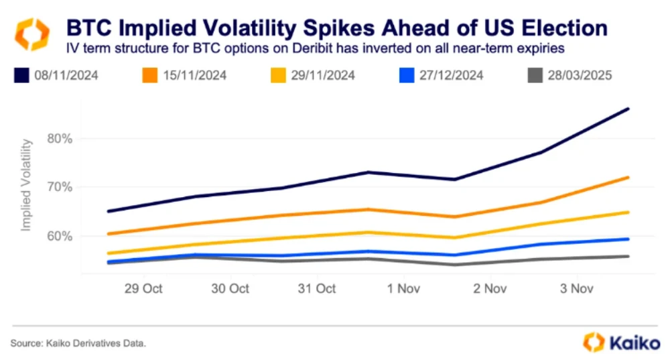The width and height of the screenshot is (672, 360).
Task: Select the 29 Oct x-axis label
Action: pyautogui.click(x=143, y=288)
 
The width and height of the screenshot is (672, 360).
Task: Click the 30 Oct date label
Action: pyautogui.click(x=230, y=288)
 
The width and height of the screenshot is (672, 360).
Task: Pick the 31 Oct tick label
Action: pyautogui.click(x=316, y=288)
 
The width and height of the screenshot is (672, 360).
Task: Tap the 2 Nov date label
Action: pyautogui.click(x=489, y=288)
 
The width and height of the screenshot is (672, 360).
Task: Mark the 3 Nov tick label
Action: pyautogui.click(x=576, y=288)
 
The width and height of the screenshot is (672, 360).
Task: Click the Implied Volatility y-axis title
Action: pyautogui.click(x=27, y=186)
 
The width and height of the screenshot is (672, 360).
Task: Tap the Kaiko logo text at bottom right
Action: pyautogui.click(x=635, y=343)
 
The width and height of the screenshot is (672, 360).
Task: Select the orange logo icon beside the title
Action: pyautogui.click(x=32, y=34)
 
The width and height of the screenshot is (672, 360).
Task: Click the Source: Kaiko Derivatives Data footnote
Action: pyautogui.click(x=78, y=343)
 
